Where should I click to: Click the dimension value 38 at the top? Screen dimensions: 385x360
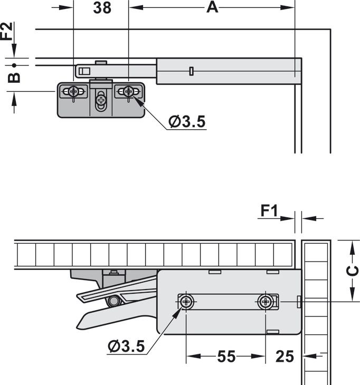pyautogui.click(x=102, y=8)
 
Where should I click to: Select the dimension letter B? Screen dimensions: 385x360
pyautogui.click(x=14, y=77)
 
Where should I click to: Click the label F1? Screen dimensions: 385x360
pyautogui.click(x=269, y=211)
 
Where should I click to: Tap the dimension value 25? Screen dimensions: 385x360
pyautogui.click(x=285, y=357)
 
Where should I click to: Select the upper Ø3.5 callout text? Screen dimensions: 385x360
pyautogui.click(x=186, y=122)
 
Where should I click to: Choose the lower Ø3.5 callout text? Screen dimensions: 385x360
pyautogui.click(x=126, y=346)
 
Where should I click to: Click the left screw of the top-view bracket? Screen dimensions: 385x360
pyautogui.click(x=73, y=92)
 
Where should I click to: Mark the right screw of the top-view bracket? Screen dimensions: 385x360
pyautogui.click(x=128, y=92)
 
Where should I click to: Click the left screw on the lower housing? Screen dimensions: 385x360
pyautogui.click(x=186, y=302)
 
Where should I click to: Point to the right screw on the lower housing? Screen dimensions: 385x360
pyautogui.click(x=265, y=302)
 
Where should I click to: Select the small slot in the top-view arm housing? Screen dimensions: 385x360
pyautogui.click(x=191, y=71)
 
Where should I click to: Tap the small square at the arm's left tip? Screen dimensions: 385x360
pyautogui.click(x=81, y=71)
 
